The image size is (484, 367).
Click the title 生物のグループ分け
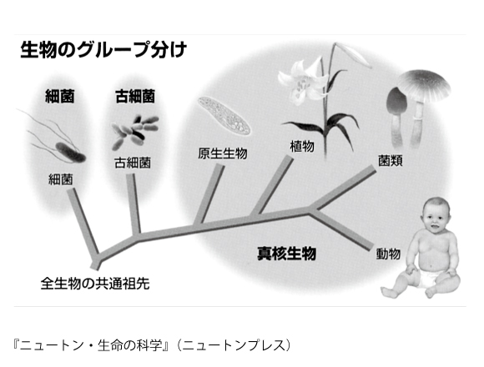103,50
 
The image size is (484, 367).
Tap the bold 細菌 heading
60,96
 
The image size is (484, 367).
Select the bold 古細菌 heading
135,96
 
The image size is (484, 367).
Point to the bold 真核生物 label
287,254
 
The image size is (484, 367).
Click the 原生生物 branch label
223,153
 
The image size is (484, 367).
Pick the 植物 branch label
302,146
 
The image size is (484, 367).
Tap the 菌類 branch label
391,161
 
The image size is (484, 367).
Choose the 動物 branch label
388,254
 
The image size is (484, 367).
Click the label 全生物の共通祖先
95,284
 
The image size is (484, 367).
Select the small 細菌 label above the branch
61,179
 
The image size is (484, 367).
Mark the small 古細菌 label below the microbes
133,163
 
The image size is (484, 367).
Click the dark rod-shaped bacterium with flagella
70,153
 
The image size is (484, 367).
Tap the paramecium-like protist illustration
224,116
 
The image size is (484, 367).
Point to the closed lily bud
354,54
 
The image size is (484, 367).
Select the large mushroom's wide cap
423,85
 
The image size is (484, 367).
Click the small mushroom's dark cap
397,102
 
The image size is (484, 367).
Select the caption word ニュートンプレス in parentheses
235,345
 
